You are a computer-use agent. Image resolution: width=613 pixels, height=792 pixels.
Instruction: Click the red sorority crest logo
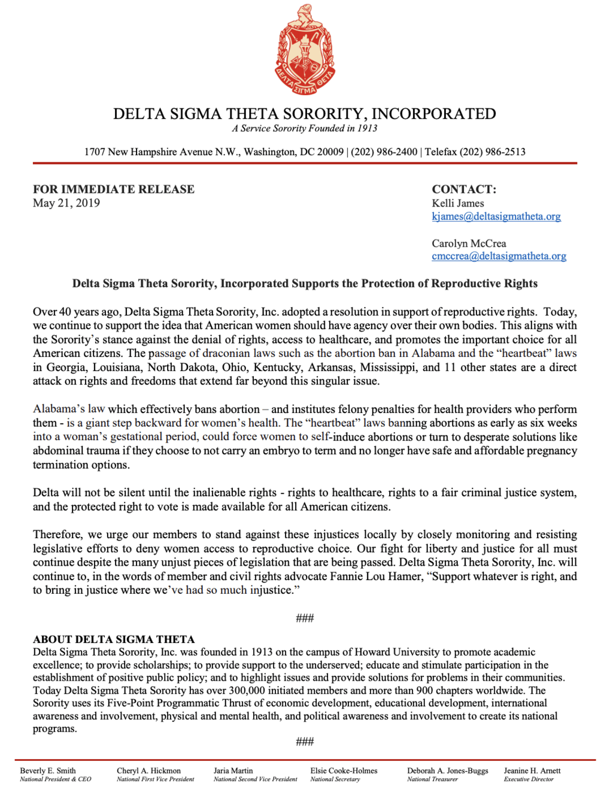(305, 50)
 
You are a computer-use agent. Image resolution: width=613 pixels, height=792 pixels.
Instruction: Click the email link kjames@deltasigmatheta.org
(496, 216)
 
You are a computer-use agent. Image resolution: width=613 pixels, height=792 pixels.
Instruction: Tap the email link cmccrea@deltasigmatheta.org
(499, 256)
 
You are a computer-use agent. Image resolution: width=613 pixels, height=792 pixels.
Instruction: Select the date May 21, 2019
(66, 203)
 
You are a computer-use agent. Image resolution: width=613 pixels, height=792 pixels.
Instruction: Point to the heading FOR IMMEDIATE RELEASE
(114, 189)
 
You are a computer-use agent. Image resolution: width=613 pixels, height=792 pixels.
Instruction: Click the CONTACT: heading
(464, 189)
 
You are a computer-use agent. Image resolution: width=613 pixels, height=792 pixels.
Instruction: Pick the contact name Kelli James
(458, 203)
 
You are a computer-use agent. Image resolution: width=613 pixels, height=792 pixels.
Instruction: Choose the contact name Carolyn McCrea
(469, 243)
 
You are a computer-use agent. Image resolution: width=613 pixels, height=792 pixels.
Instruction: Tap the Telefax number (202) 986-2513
(492, 152)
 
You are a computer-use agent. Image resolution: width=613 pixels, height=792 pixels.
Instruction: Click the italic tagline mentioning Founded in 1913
(305, 128)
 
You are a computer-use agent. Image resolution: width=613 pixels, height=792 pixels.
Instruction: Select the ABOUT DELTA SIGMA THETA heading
(114, 639)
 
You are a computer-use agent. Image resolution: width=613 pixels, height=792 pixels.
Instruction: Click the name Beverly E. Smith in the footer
(48, 770)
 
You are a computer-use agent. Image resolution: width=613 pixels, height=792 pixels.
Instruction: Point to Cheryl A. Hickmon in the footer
(148, 770)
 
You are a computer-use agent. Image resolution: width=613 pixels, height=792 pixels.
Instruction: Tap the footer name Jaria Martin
(233, 770)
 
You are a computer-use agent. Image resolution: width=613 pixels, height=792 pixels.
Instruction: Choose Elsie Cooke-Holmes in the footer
(344, 770)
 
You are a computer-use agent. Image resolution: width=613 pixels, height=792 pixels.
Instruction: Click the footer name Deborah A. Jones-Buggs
(448, 770)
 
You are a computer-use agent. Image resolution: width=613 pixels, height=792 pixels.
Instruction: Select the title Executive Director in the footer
(529, 779)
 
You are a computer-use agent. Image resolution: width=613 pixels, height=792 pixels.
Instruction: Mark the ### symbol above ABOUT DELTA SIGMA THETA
(305, 618)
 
